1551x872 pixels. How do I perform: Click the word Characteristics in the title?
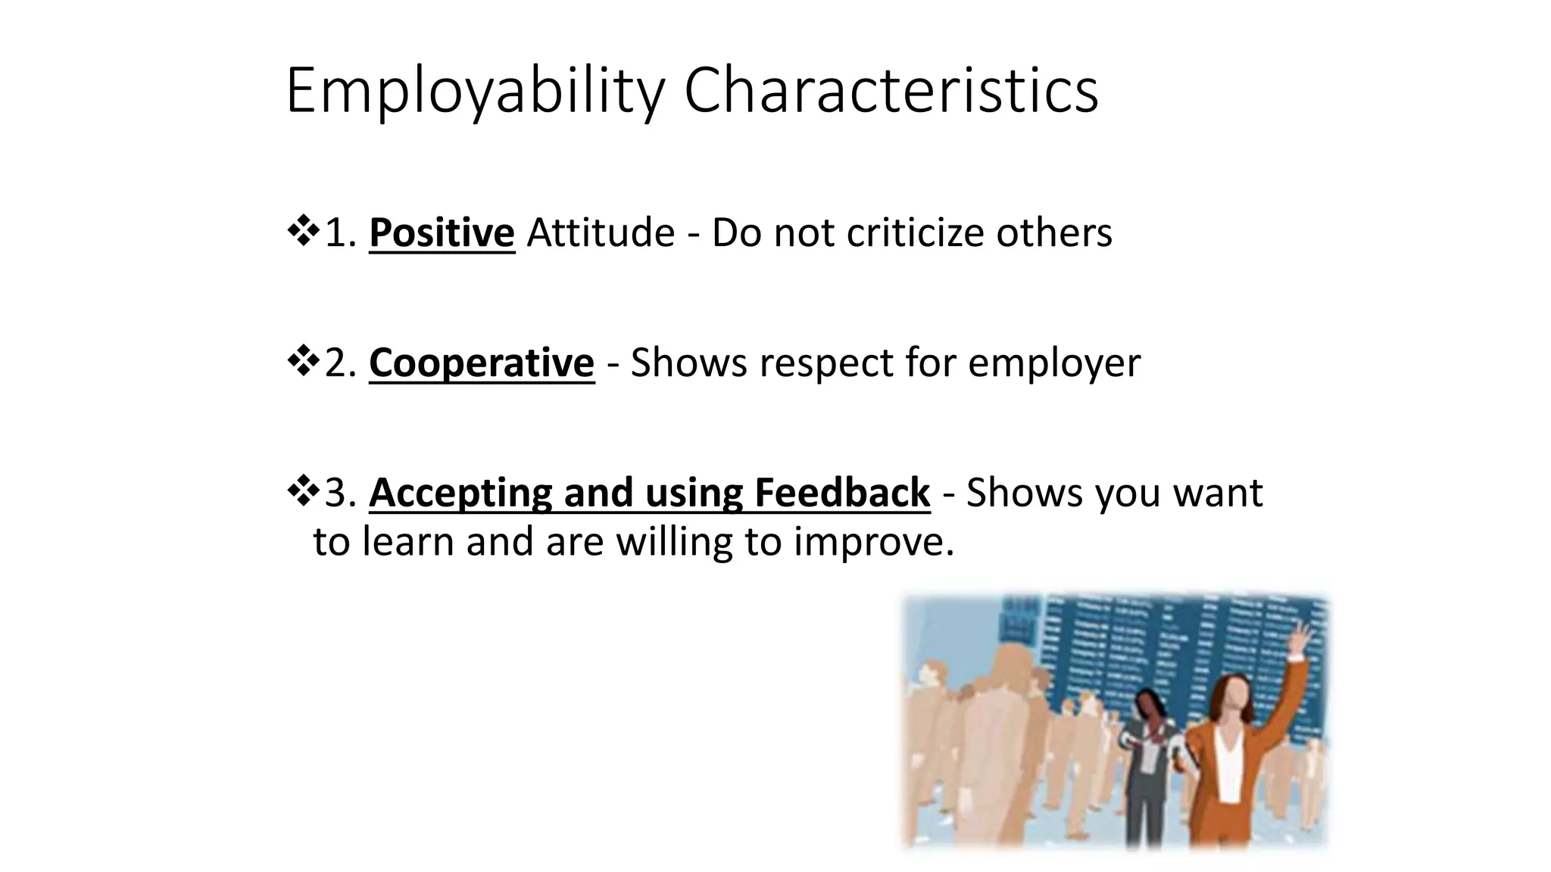(x=891, y=91)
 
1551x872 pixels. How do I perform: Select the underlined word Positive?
(x=442, y=232)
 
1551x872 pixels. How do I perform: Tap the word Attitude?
(x=601, y=232)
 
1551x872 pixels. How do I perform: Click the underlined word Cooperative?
(x=482, y=363)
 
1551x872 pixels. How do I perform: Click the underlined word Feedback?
(x=841, y=493)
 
